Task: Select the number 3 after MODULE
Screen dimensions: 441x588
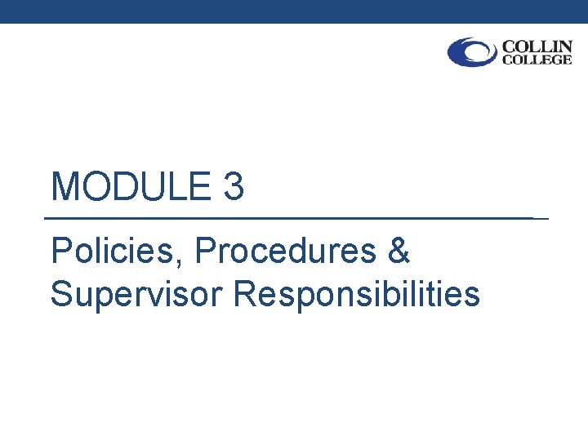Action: (x=232, y=187)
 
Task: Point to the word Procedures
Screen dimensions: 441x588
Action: (x=285, y=252)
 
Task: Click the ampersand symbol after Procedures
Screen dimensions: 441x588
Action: (x=398, y=252)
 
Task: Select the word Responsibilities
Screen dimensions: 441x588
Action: (x=356, y=294)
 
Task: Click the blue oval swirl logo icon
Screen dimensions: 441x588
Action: (x=472, y=52)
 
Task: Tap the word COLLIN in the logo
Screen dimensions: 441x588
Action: (x=537, y=46)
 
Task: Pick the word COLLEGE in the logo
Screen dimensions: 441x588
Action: (x=537, y=60)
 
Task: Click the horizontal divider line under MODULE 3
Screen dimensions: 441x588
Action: (x=294, y=219)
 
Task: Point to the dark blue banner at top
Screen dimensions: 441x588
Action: (x=294, y=11)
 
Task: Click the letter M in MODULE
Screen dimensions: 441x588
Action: (x=65, y=187)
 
